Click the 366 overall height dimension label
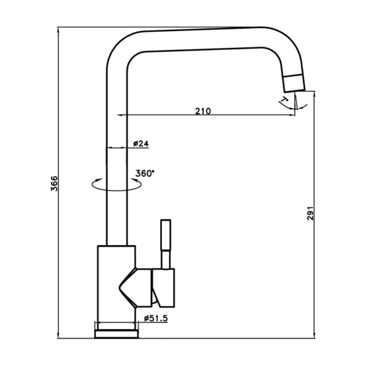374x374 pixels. (x=54, y=183)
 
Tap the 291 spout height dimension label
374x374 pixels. (x=310, y=213)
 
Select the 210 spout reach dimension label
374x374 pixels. (x=203, y=111)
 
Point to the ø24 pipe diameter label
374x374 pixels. (x=141, y=143)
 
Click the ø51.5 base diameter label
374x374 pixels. (x=156, y=318)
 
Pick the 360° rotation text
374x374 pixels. (x=145, y=173)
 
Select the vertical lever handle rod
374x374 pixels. (x=166, y=244)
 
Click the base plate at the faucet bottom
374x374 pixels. (x=117, y=334)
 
